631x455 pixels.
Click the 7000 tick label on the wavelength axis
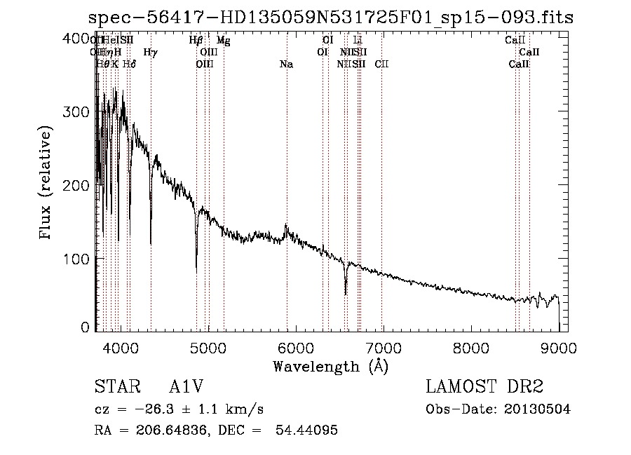383,348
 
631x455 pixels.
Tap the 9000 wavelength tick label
558,348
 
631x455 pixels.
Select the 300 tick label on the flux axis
80,112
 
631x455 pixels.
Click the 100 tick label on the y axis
80,259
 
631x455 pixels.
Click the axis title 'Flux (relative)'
46,184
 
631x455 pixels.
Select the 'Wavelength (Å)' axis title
330,366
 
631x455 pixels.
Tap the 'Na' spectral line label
286,64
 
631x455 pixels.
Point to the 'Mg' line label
223,41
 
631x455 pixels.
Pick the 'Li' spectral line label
358,41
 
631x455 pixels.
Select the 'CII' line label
381,64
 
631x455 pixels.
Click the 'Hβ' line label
196,41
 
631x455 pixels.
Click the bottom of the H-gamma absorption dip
151,243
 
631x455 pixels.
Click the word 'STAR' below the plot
116,388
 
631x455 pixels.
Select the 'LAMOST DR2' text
484,388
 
